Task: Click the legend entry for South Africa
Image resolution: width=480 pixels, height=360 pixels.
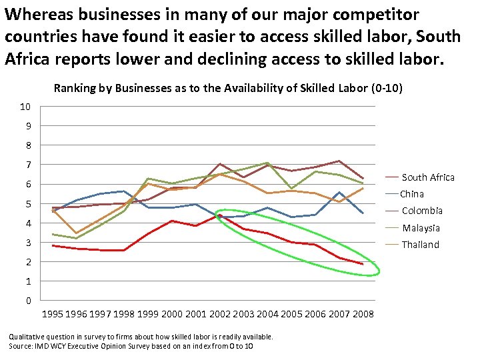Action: pyautogui.click(x=428, y=177)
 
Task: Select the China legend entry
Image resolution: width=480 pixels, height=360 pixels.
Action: pyautogui.click(x=412, y=194)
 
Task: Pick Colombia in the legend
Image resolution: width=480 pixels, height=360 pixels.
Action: pyautogui.click(x=422, y=211)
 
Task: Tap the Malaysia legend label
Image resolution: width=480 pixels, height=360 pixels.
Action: pyautogui.click(x=421, y=228)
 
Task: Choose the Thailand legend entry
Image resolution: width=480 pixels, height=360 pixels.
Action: pyautogui.click(x=421, y=245)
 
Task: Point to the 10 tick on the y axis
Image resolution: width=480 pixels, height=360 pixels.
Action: pyautogui.click(x=25, y=107)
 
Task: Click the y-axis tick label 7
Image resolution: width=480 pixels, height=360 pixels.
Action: pyautogui.click(x=27, y=165)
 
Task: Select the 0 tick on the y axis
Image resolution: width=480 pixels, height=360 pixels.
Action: pyautogui.click(x=27, y=301)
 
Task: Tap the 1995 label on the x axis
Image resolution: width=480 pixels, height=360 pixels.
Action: pyautogui.click(x=53, y=314)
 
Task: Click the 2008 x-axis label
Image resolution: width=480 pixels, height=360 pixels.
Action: pyautogui.click(x=363, y=314)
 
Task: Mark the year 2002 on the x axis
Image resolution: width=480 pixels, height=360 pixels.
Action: pyautogui.click(x=220, y=314)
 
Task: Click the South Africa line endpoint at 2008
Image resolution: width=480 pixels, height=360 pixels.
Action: pyautogui.click(x=363, y=264)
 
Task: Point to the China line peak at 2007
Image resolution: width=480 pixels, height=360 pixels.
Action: pyautogui.click(x=339, y=193)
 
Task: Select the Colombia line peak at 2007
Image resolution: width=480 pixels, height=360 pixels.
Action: pyautogui.click(x=339, y=161)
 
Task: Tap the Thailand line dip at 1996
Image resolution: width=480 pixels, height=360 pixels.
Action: pyautogui.click(x=77, y=233)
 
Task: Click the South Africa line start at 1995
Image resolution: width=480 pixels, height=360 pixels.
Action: pyautogui.click(x=53, y=245)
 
